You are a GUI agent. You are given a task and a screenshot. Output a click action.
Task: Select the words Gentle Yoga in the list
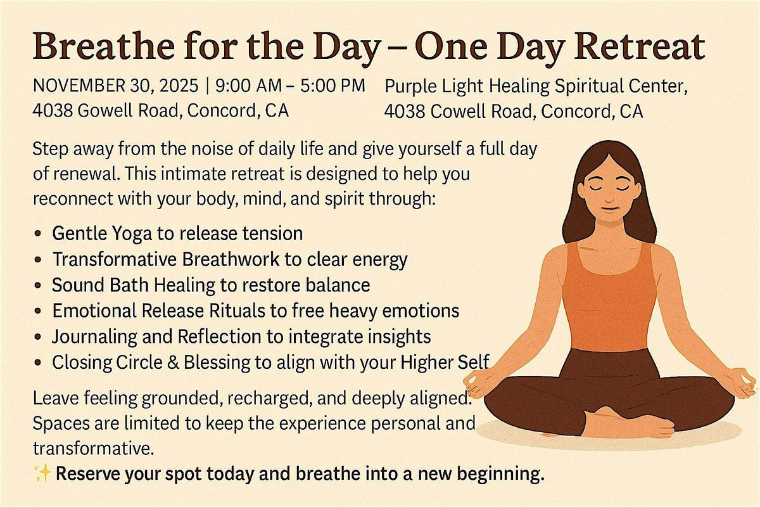click(x=102, y=234)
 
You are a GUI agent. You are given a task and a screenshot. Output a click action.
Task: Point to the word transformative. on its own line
click(x=92, y=449)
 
